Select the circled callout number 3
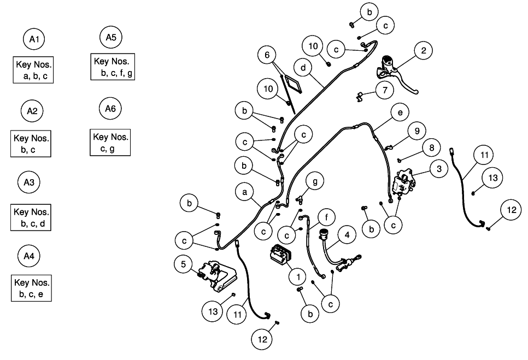[438, 169]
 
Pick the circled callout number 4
[347, 235]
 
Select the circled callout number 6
[267, 55]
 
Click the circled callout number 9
[416, 131]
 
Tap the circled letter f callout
[326, 217]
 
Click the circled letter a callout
[245, 192]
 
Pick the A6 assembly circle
[110, 109]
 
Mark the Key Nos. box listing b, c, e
[32, 288]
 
